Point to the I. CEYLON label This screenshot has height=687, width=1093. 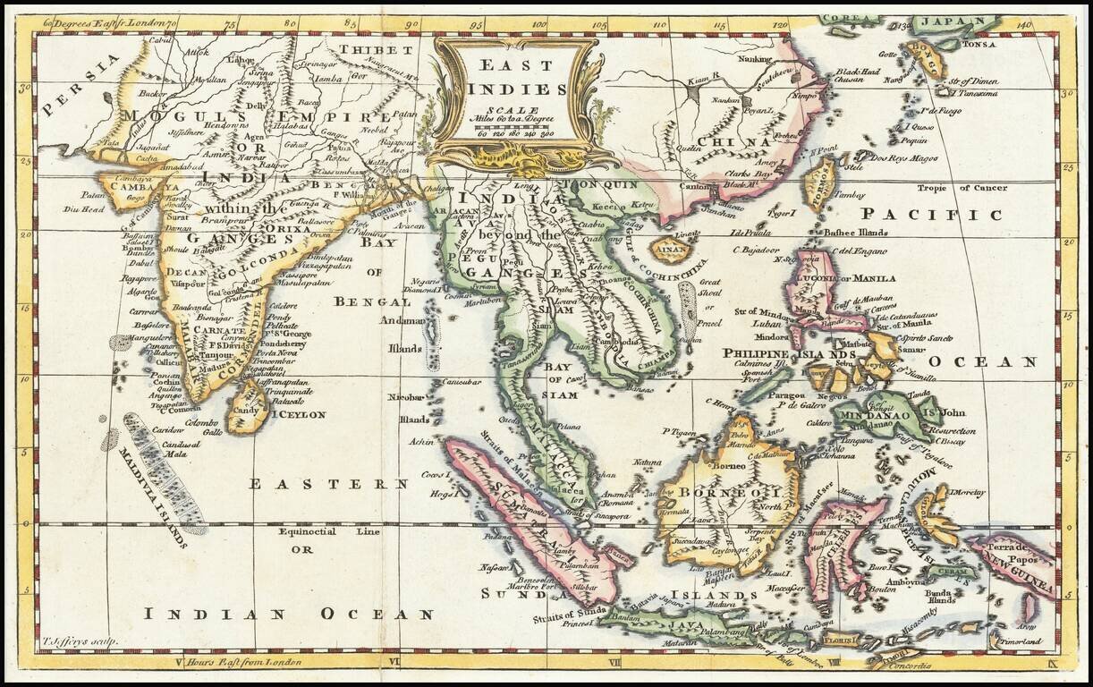pyautogui.click(x=297, y=414)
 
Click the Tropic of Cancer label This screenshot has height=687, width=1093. pyautogui.click(x=961, y=188)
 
